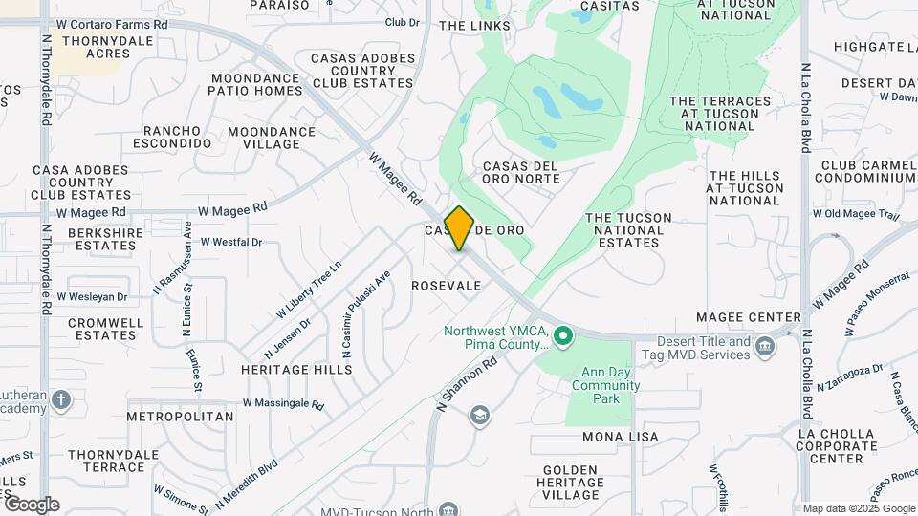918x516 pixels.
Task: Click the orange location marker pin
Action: point(460,227)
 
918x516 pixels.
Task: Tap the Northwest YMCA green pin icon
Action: point(563,335)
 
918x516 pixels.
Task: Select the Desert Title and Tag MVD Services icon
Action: point(764,347)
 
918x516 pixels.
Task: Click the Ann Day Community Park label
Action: point(606,386)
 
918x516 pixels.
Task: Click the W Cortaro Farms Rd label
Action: point(112,23)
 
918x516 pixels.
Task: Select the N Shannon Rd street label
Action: point(469,380)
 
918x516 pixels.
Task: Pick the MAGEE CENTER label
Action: point(749,317)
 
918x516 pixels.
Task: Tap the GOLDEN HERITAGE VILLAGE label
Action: point(572,483)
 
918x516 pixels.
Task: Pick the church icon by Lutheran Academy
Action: point(61,398)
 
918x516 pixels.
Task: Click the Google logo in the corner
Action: point(32,505)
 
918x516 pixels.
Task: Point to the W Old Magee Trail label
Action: point(856,214)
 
